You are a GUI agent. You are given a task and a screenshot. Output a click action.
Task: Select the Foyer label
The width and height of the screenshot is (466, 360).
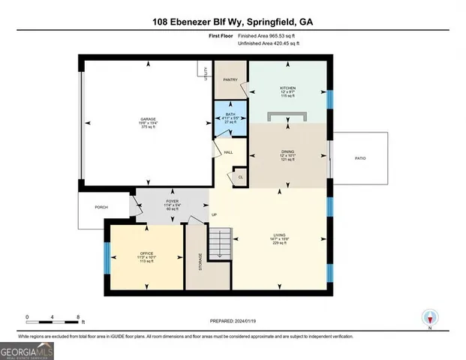pos(172,203)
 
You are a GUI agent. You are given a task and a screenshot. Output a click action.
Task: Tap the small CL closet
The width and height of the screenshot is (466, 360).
pos(240,177)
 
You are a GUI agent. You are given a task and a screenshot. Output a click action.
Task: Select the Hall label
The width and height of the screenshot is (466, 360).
pos(228,152)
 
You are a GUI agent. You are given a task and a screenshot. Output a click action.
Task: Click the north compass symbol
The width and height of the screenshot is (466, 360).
pos(430,316)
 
